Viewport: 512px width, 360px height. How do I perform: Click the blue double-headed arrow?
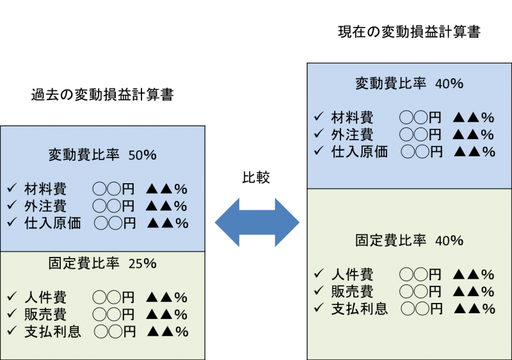click(257, 222)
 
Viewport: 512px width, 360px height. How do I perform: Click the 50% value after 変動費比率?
click(142, 155)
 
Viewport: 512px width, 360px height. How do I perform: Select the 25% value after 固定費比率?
click(142, 264)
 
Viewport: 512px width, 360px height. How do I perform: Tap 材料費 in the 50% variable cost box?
click(45, 189)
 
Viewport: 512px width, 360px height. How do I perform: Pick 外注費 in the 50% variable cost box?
click(45, 206)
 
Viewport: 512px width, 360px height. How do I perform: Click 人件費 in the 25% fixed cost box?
click(45, 298)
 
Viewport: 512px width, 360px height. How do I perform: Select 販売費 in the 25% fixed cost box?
click(45, 315)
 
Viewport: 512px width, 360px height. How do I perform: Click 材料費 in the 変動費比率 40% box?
click(352, 118)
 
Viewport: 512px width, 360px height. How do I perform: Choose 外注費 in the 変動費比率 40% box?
click(352, 135)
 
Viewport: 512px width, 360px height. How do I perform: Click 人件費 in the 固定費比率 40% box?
click(352, 275)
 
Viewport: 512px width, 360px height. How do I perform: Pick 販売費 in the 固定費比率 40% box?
click(352, 291)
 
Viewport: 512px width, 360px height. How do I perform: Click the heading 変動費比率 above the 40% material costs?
click(390, 84)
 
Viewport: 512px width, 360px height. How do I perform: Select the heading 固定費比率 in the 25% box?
click(83, 264)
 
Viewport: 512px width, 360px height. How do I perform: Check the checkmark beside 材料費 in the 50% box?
click(12, 189)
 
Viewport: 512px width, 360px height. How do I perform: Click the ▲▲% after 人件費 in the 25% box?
click(166, 298)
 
